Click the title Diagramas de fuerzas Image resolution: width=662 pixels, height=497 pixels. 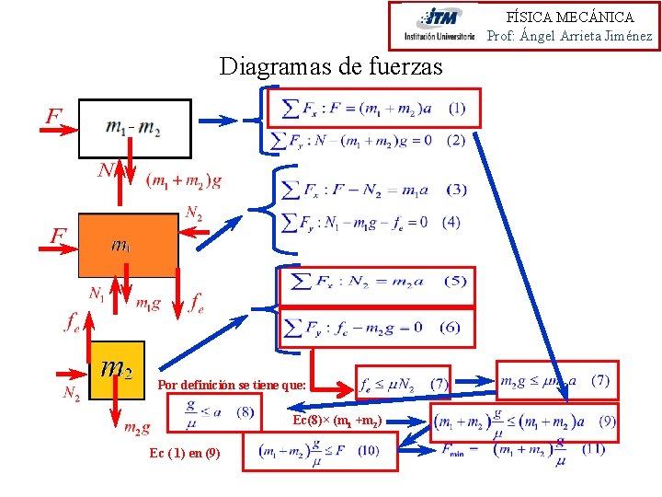[x=331, y=66]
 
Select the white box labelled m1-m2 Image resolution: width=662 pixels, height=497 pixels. [x=134, y=128]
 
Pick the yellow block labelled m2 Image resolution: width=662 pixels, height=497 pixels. [x=118, y=368]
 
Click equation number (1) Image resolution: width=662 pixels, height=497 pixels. [x=456, y=108]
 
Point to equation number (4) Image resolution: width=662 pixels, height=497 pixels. [x=451, y=222]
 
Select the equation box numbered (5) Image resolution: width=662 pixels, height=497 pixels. [x=377, y=281]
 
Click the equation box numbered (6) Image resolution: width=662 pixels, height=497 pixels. [x=377, y=328]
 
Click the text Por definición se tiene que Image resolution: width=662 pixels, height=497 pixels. [x=233, y=385]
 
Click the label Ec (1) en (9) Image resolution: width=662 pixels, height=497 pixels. [x=184, y=453]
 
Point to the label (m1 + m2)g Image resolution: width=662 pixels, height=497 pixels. [x=184, y=180]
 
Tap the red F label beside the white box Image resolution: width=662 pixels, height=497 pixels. [x=54, y=117]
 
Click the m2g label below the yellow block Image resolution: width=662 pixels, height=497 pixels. [x=138, y=426]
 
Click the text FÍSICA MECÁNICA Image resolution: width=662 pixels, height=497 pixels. [x=570, y=17]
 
